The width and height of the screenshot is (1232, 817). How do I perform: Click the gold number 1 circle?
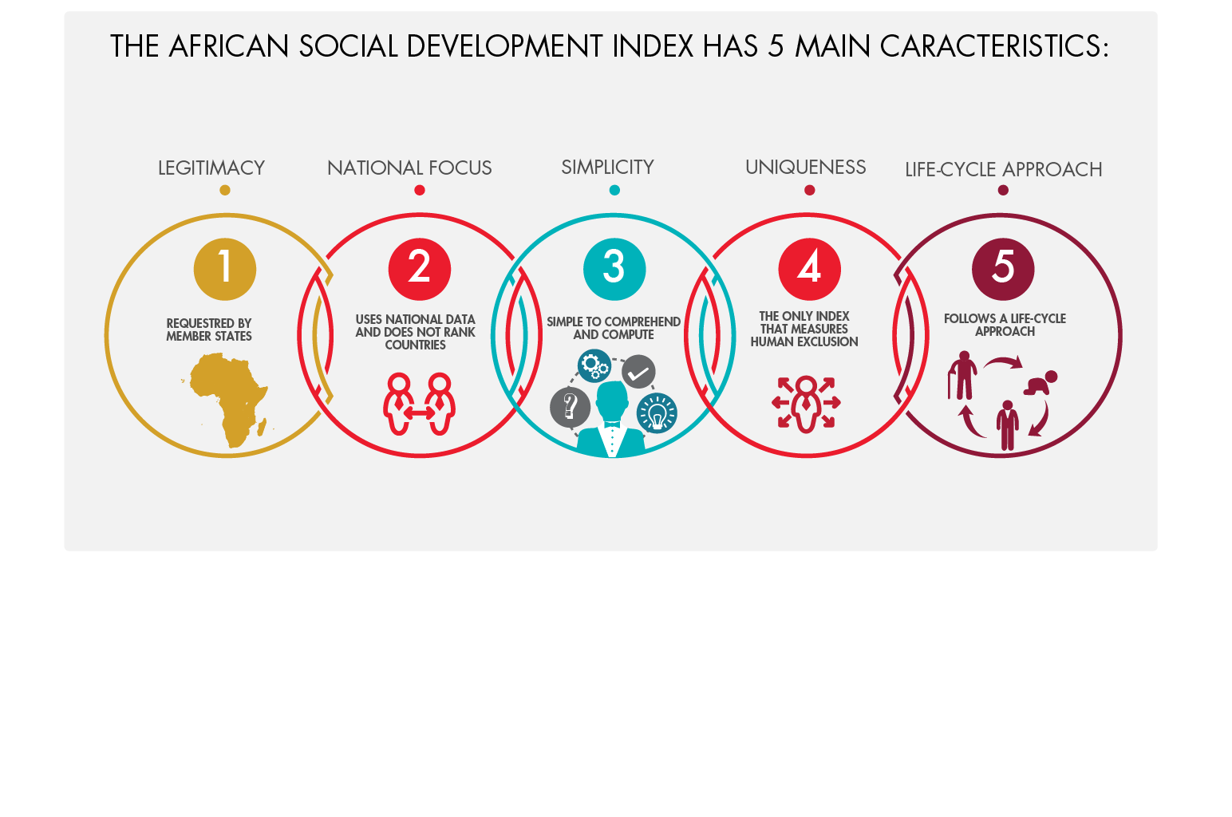(224, 270)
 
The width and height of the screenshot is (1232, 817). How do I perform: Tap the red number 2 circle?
(420, 270)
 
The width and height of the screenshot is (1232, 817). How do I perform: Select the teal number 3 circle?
(614, 270)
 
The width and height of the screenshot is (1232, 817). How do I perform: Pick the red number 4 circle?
(809, 270)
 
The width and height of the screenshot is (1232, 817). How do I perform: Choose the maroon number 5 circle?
(1003, 270)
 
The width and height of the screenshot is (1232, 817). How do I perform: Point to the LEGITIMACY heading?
(211, 168)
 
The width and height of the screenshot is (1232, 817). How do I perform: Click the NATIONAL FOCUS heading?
(409, 168)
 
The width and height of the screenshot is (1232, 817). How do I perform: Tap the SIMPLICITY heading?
(607, 167)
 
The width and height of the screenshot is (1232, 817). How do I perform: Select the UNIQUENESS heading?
(805, 167)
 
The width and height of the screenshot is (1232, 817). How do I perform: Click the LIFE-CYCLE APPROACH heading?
(1003, 169)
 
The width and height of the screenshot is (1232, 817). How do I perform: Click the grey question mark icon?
(571, 407)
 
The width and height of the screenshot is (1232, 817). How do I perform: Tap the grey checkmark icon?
(638, 372)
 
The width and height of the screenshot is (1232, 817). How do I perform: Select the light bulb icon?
(657, 413)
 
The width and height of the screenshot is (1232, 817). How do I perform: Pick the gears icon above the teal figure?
(594, 365)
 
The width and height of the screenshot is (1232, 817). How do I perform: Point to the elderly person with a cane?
(962, 375)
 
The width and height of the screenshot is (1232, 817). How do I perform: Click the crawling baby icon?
(1040, 383)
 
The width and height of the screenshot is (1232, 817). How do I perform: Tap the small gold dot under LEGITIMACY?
(224, 190)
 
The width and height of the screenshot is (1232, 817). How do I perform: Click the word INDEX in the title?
(653, 46)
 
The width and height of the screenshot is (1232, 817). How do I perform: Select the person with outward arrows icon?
(806, 404)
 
